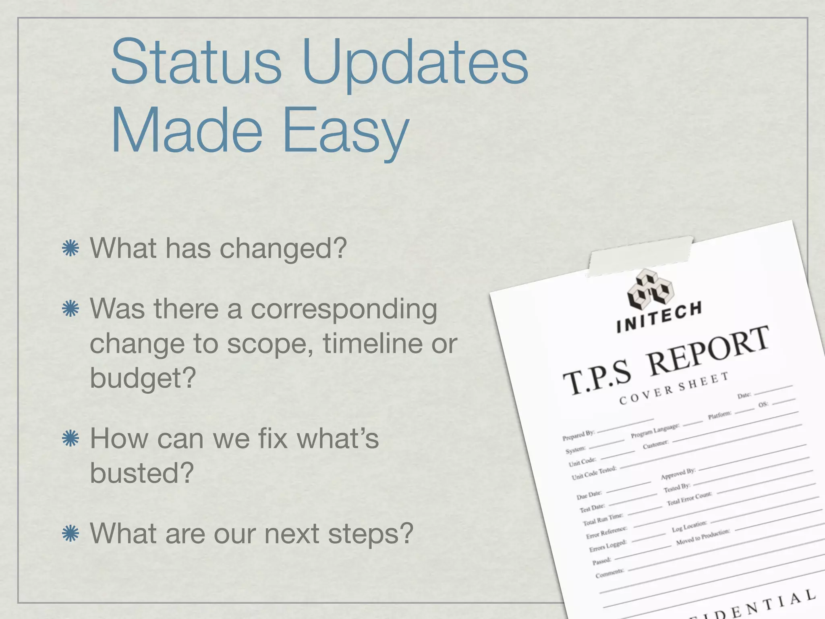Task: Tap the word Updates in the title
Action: coord(415,64)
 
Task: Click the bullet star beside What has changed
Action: coord(70,248)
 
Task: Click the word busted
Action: coord(142,473)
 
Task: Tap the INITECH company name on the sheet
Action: coord(659,318)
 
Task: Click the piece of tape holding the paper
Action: coord(641,256)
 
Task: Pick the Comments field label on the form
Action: coord(609,573)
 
